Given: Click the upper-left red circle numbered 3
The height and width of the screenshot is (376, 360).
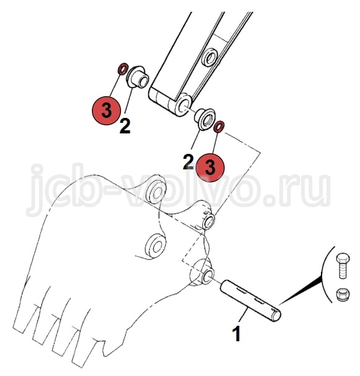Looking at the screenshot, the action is tap(107, 110).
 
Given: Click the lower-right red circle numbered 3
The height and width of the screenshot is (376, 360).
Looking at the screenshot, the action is tap(210, 168).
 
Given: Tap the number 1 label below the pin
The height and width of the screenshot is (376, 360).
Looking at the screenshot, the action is tap(236, 334).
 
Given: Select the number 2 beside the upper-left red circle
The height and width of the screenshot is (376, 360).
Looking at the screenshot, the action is tap(125, 126).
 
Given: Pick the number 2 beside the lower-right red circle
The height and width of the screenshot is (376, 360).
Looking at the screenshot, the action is tap(189, 162).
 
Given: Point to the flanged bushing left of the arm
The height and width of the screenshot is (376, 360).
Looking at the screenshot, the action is tap(137, 77).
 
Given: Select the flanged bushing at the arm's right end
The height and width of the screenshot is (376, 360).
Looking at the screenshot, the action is tap(204, 119).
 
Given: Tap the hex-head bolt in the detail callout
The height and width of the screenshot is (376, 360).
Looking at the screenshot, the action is tap(343, 266).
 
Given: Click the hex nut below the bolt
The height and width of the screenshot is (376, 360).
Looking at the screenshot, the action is tap(343, 295).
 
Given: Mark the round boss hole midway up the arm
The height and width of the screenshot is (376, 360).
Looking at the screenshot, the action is tap(210, 57).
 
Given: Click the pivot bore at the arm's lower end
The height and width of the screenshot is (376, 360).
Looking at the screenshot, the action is tap(183, 105).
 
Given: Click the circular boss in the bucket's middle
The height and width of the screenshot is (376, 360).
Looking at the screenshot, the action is tap(155, 246).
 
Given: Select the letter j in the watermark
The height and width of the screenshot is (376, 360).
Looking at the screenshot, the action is tap(37, 190).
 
